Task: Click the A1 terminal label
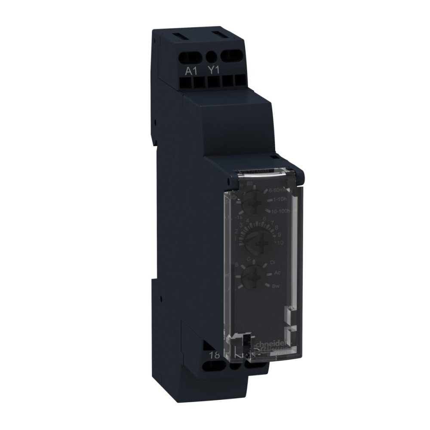190,71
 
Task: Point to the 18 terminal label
214,355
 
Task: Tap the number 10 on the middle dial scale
280,243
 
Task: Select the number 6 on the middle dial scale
264,219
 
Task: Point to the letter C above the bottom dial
249,258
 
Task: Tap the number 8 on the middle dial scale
276,227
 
